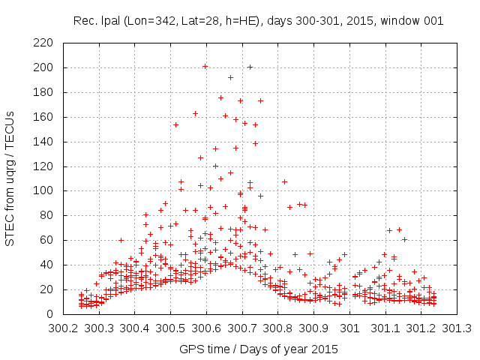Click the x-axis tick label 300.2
[63, 328]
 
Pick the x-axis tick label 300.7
[242, 328]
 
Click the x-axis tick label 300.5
[170, 328]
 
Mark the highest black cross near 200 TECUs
[250, 67]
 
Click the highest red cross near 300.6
[205, 67]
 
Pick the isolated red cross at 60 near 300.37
[121, 240]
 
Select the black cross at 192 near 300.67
[230, 77]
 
